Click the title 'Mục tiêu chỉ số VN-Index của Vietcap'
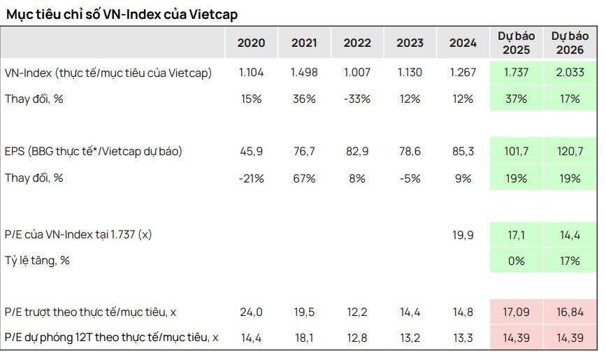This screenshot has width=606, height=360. point(125,14)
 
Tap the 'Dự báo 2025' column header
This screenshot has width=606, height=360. point(514,43)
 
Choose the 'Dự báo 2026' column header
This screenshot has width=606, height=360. point(568,43)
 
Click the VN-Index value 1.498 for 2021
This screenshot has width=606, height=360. point(304,73)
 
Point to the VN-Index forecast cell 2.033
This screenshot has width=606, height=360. point(568,73)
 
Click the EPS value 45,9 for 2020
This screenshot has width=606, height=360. point(251,152)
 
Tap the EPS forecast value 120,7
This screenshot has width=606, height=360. point(568,152)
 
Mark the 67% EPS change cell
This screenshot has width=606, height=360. point(304,178)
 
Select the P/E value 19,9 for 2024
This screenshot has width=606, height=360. point(463,236)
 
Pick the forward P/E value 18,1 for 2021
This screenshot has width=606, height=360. point(304,338)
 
